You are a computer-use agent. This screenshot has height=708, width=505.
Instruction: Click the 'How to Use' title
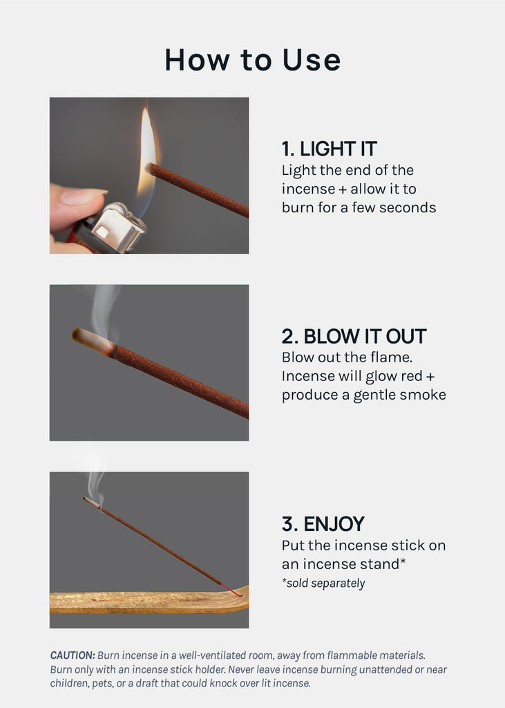point(252,59)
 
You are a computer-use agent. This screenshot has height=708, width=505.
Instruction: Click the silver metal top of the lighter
point(118,227)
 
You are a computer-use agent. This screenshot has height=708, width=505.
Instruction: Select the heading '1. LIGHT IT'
point(329,149)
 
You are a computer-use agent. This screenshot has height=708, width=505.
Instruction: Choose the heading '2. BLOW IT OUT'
point(354,337)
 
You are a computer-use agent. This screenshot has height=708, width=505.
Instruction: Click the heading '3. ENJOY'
point(323,524)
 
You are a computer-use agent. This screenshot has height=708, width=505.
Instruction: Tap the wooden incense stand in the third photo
point(149,602)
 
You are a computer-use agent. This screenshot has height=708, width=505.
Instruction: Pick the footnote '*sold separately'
point(323,584)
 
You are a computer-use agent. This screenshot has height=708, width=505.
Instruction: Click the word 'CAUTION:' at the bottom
point(73,655)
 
